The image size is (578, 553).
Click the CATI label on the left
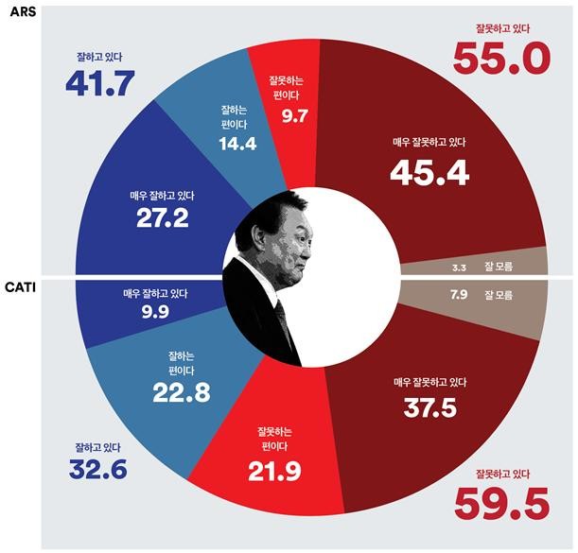pyautogui.click(x=20, y=285)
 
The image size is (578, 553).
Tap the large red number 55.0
pyautogui.click(x=500, y=59)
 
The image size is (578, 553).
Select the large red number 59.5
pyautogui.click(x=500, y=503)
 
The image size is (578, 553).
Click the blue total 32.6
pyautogui.click(x=97, y=468)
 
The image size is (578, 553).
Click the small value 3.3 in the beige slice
pyautogui.click(x=460, y=268)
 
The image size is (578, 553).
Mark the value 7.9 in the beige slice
pyautogui.click(x=460, y=296)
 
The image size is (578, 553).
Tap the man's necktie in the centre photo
pyautogui.click(x=281, y=321)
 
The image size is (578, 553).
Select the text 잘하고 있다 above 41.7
pyautogui.click(x=99, y=57)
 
